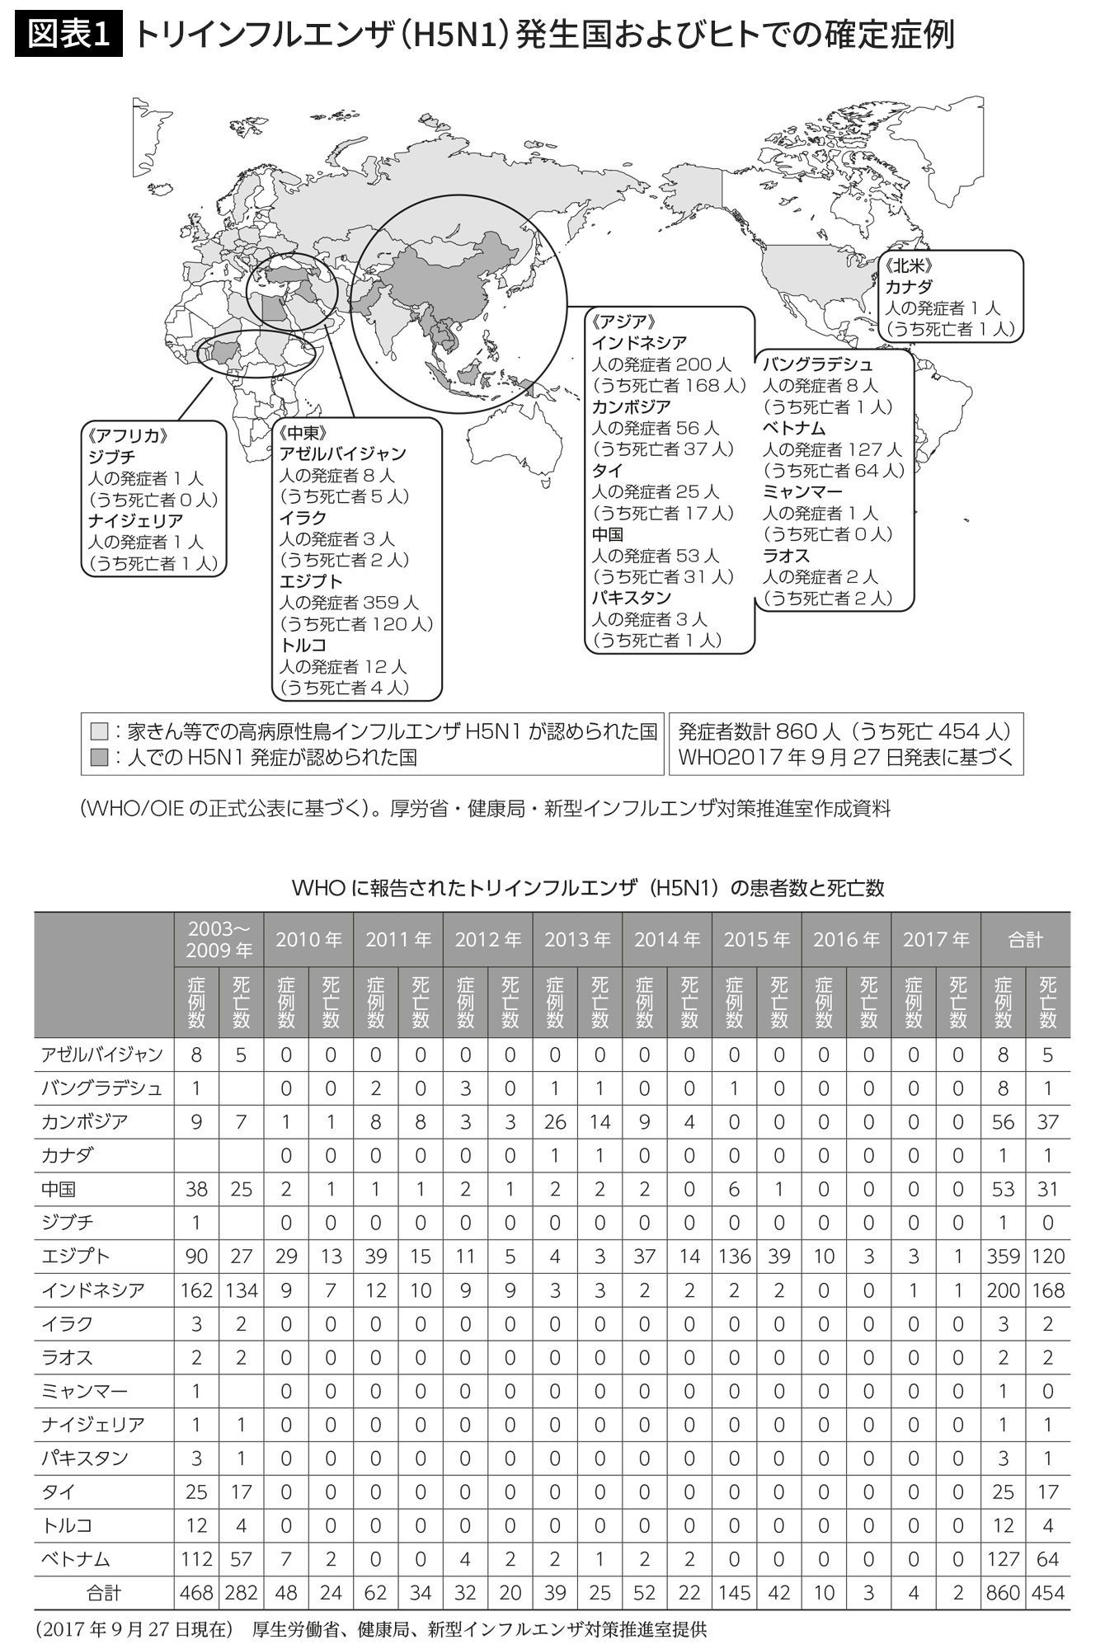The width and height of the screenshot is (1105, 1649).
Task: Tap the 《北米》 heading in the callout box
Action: point(909,266)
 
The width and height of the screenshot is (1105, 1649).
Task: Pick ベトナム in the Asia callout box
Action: point(793,428)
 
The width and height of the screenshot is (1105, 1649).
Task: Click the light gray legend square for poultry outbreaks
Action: point(100,731)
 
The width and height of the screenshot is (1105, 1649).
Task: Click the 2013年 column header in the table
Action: point(577,939)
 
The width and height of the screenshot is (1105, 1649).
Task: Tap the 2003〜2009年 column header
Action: point(219,939)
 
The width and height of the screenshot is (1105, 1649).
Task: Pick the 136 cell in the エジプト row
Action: point(734,1256)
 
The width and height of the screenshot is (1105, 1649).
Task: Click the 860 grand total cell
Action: point(1003,1593)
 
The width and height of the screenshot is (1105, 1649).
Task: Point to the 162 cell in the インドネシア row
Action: point(196,1290)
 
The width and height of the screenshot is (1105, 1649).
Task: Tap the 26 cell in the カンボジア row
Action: point(555,1121)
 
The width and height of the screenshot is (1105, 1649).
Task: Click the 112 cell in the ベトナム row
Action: point(196,1559)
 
